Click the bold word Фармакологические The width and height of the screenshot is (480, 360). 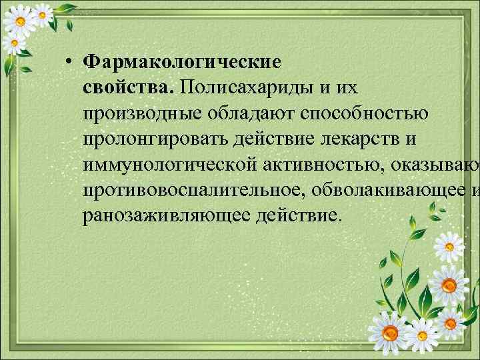pyautogui.click(x=182, y=62)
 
